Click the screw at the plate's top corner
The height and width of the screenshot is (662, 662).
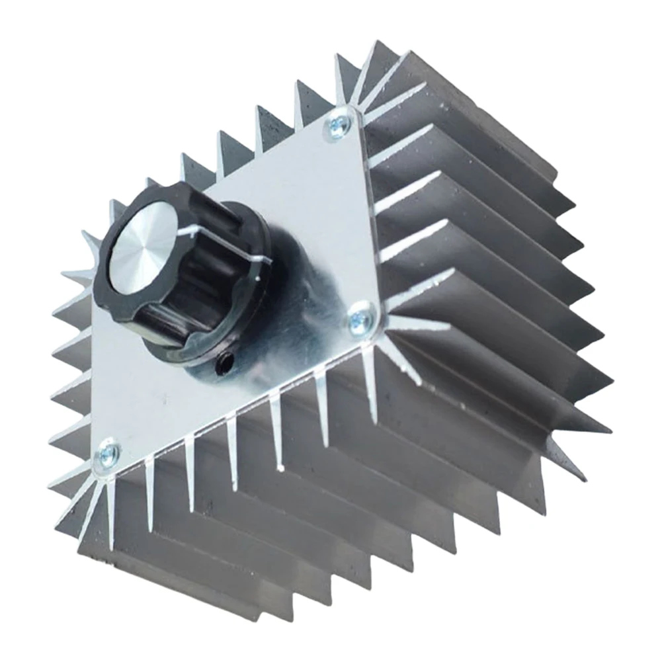click(339, 123)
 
